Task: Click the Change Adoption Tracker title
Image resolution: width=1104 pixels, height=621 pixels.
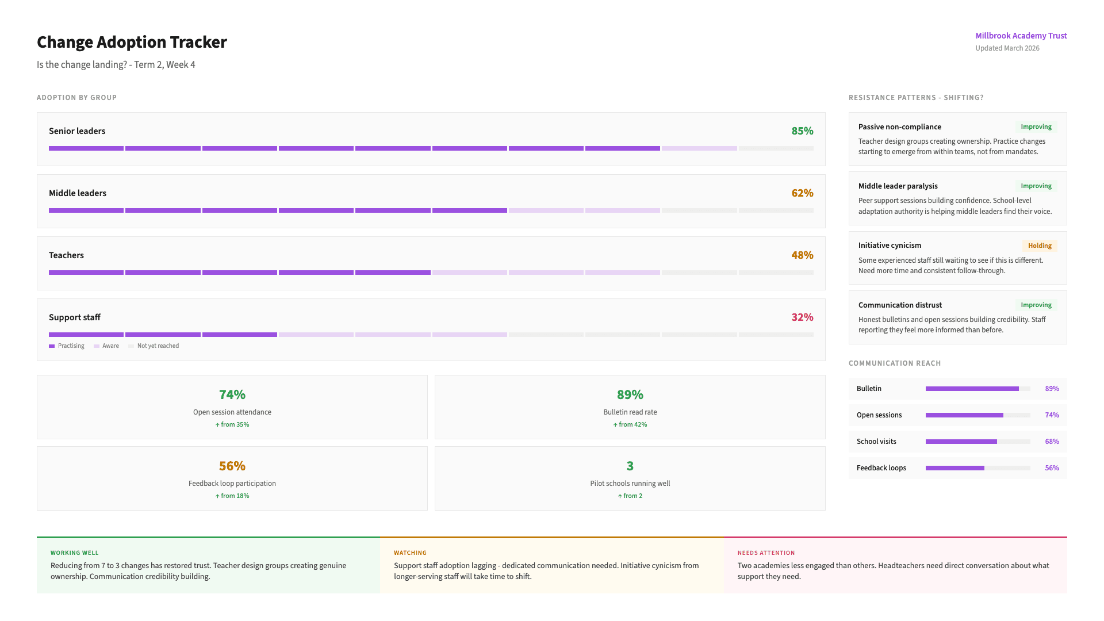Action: (132, 42)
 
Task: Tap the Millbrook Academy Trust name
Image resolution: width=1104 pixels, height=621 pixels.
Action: (1021, 36)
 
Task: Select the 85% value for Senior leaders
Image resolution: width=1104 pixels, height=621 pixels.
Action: (802, 131)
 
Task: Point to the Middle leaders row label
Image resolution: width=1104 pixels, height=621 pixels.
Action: (78, 193)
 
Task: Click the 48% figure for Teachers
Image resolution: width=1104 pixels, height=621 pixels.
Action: (802, 255)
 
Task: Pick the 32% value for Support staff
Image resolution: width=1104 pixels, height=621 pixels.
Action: (802, 317)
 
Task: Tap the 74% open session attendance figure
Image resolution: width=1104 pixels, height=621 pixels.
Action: (232, 394)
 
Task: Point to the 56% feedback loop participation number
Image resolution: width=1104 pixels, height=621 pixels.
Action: (232, 466)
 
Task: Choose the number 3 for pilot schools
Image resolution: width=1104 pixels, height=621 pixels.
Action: (630, 466)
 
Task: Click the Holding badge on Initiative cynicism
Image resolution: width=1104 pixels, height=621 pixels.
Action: (1040, 246)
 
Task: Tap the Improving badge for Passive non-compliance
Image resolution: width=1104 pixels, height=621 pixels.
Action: (1036, 126)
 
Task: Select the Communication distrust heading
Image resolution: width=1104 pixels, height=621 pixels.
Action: (900, 305)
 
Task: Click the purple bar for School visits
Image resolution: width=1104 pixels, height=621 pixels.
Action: (961, 442)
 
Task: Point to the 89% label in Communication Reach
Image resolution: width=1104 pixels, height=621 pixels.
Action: (1052, 389)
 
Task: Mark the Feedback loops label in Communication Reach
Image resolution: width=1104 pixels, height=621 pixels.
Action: (881, 468)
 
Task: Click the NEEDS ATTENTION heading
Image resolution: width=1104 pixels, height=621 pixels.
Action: (766, 553)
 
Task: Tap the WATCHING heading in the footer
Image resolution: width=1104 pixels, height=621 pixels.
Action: (410, 553)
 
